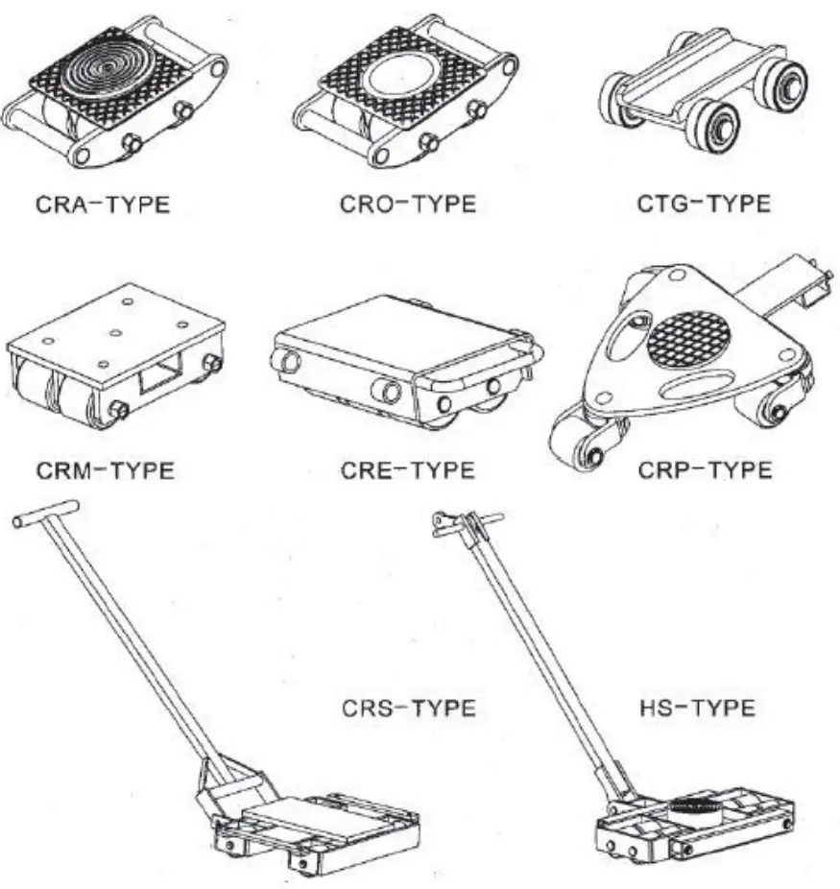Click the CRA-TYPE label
click(104, 204)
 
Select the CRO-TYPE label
click(407, 204)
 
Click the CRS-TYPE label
click(409, 709)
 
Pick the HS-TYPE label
click(699, 709)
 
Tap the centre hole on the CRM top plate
click(114, 333)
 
